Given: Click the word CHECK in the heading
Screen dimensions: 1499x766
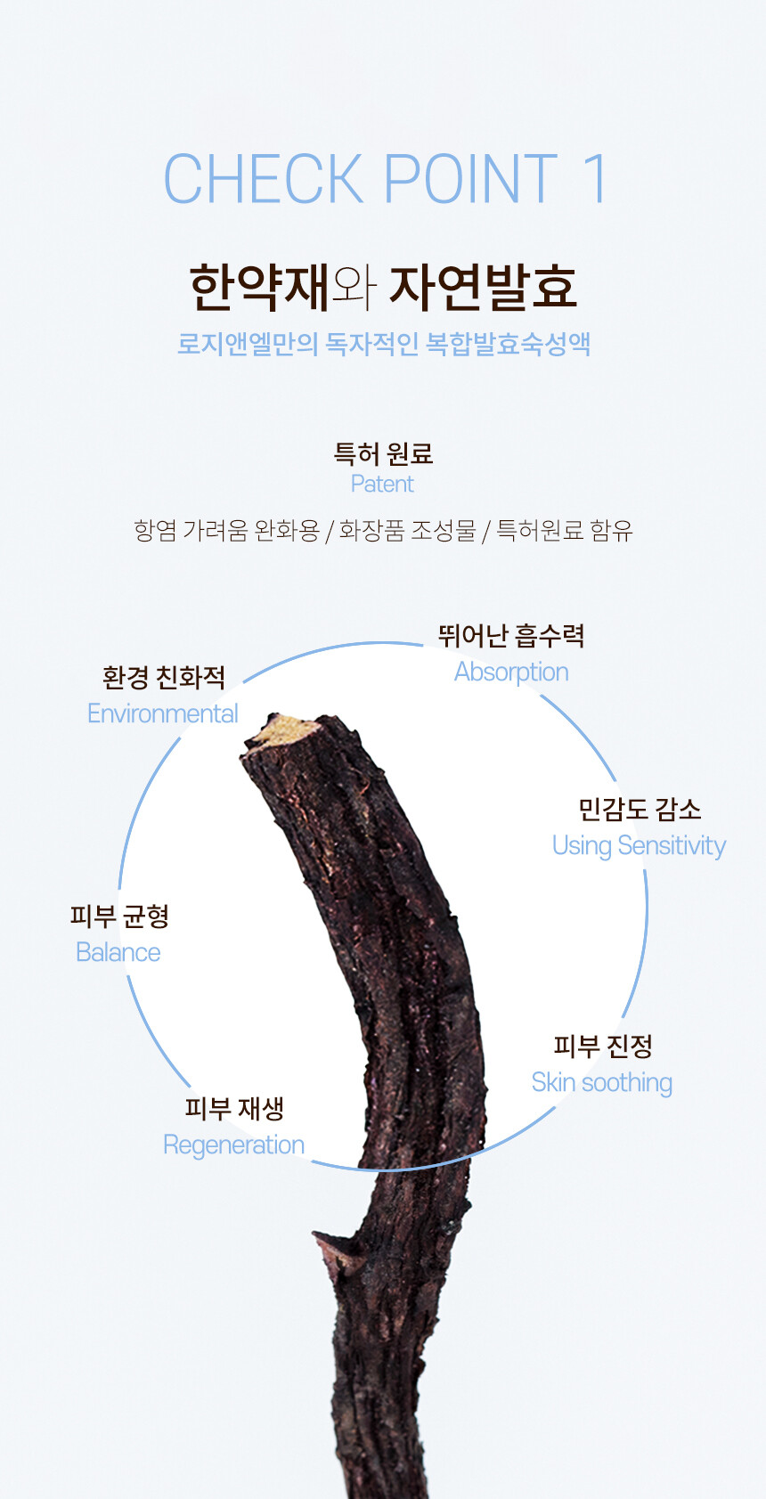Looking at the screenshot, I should pos(264,178).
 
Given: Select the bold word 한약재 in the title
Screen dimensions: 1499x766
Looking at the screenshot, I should pos(260,287).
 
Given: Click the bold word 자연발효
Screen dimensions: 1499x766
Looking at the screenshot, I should pos(484,287).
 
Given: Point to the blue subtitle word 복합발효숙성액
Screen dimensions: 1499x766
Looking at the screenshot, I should pos(508,344).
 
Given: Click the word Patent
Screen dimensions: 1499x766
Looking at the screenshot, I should pos(382,484).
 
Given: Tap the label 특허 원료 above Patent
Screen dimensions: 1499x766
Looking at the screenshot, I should pos(383,453).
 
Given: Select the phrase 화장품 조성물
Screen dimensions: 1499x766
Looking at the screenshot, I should pos(408,531).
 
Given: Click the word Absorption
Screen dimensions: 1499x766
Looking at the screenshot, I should pos(511,672).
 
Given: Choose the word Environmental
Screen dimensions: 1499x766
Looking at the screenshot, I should pos(162,713).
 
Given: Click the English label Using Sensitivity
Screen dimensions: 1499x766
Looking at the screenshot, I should pos(639,845).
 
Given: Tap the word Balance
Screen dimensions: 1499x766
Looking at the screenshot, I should pos(118,952).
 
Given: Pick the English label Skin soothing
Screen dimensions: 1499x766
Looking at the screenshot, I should pos(601,1082).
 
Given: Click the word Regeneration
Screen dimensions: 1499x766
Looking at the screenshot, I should pos(233,1145).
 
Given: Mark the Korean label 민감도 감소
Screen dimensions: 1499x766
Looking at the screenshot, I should pos(640,809).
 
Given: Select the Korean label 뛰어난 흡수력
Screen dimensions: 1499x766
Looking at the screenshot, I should pos(511,635).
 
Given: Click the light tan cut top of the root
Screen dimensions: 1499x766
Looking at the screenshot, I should pos(283,729).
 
